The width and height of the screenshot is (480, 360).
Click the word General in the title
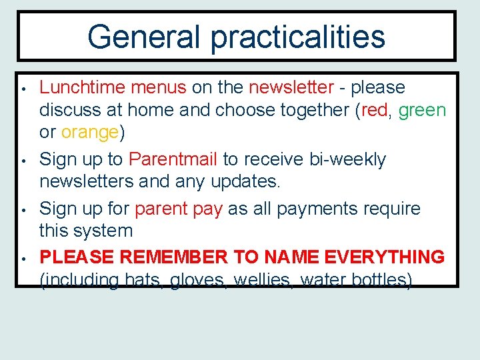point(144,37)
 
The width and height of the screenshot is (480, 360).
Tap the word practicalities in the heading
point(298,37)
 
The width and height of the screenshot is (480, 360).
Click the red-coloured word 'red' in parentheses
point(374,110)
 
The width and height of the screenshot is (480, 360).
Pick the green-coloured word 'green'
point(422,110)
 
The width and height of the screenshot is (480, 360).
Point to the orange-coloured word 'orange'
point(89,132)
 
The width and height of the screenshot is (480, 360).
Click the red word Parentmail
point(173,159)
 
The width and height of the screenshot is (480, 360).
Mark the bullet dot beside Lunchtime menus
point(23,89)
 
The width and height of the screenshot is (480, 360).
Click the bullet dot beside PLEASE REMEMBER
point(23,258)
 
